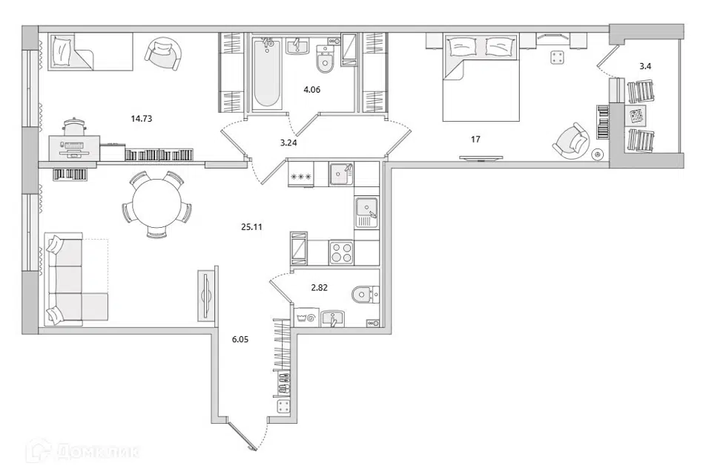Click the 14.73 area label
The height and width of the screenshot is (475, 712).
tap(141, 119)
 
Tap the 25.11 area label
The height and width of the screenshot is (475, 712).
tap(251, 227)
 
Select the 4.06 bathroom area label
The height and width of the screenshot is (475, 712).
tap(312, 90)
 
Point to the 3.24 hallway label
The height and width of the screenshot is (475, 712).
tap(289, 142)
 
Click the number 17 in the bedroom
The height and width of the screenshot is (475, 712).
tap(475, 140)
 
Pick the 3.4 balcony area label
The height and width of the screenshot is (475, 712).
tap(645, 66)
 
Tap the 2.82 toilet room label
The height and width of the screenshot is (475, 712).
tap(319, 288)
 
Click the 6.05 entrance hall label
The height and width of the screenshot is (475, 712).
tap(240, 339)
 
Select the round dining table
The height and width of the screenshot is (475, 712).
tap(157, 205)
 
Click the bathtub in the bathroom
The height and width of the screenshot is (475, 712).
tap(266, 73)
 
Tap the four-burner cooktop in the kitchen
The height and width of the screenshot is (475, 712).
tap(341, 252)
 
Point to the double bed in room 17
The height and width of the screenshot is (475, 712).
tap(481, 77)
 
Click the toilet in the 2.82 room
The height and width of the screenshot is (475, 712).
tap(365, 295)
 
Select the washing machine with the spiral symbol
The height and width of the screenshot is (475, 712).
tap(306, 318)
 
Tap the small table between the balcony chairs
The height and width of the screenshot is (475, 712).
tap(636, 116)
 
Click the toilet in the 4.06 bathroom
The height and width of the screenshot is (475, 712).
tap(324, 60)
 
